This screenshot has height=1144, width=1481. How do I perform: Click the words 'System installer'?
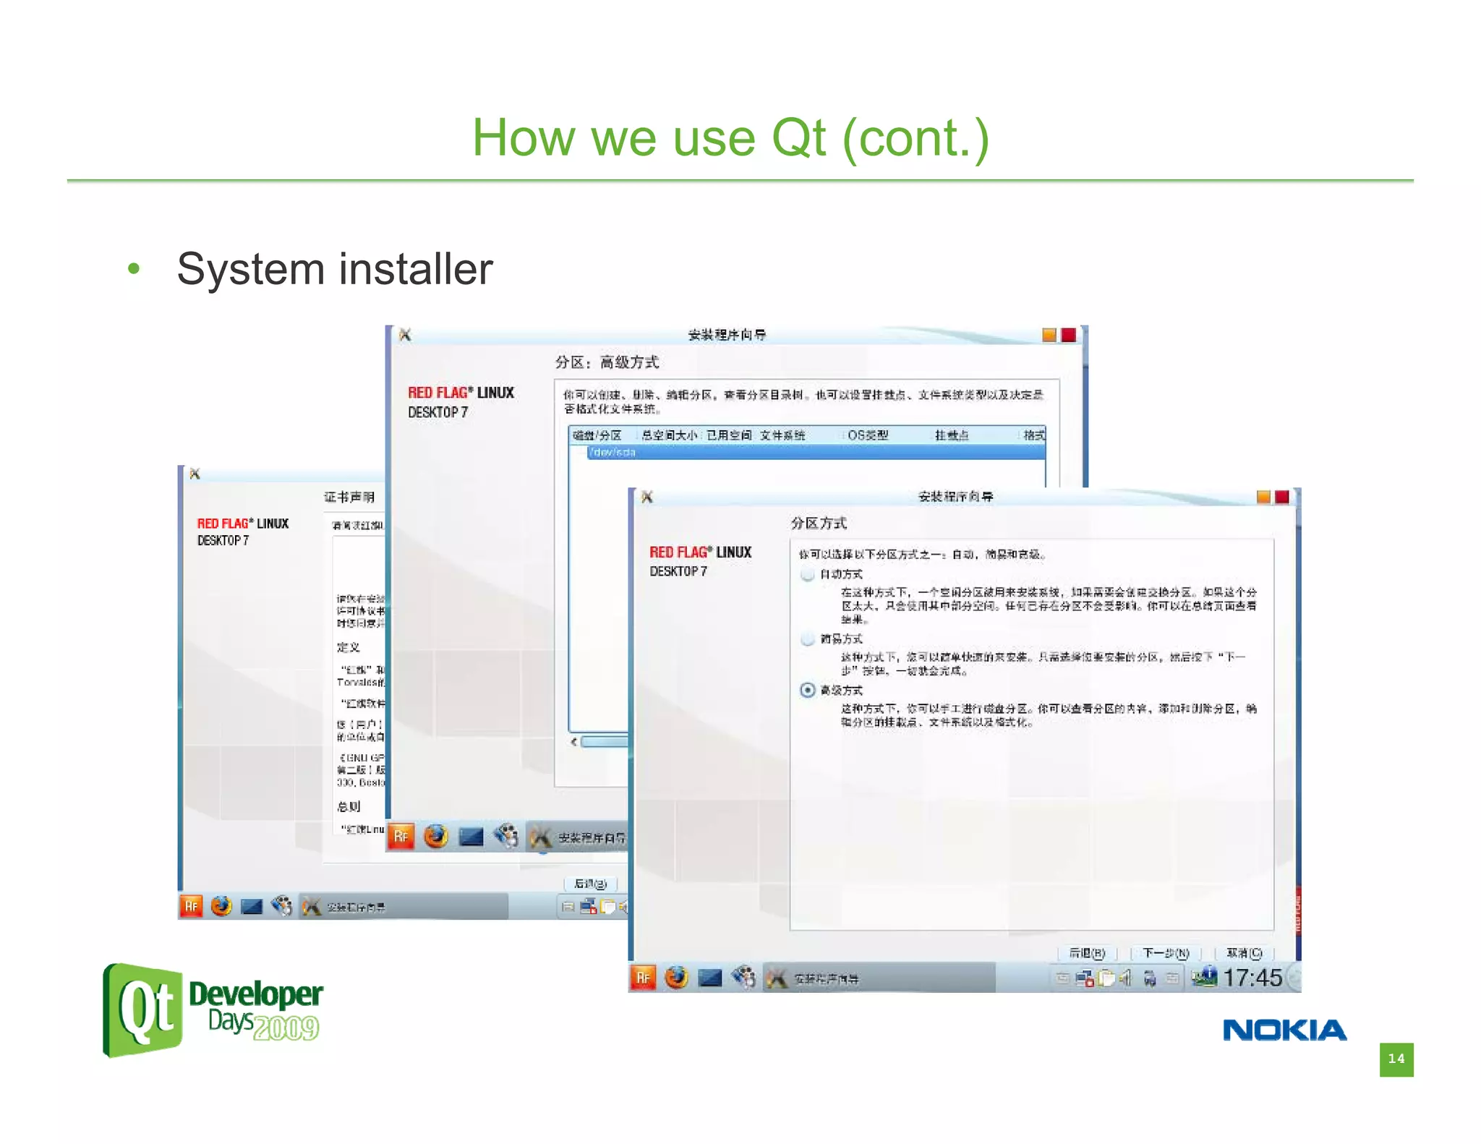(334, 269)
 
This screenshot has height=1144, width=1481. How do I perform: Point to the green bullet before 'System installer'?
(133, 269)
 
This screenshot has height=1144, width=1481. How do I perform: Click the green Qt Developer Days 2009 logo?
(213, 1010)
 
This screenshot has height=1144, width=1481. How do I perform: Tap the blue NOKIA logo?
(1284, 1030)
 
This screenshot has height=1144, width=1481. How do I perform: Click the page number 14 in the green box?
(1396, 1059)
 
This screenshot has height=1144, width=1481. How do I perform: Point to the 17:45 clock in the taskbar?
(1252, 978)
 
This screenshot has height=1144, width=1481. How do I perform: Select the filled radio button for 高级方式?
(808, 690)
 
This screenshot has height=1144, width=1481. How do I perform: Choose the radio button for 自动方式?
(808, 574)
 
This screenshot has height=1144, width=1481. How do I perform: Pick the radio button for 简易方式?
(808, 639)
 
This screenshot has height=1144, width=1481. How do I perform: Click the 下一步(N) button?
(1166, 953)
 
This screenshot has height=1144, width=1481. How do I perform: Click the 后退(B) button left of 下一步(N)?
(1087, 953)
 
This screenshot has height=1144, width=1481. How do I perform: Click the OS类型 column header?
(868, 435)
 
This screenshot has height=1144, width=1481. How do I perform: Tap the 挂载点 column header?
(951, 435)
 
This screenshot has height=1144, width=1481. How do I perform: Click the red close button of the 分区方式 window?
(1282, 497)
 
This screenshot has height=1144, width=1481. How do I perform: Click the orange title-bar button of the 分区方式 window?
(1263, 497)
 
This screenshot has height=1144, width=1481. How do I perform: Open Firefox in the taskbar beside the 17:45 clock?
(677, 978)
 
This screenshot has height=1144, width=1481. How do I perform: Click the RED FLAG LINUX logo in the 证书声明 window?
(243, 530)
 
